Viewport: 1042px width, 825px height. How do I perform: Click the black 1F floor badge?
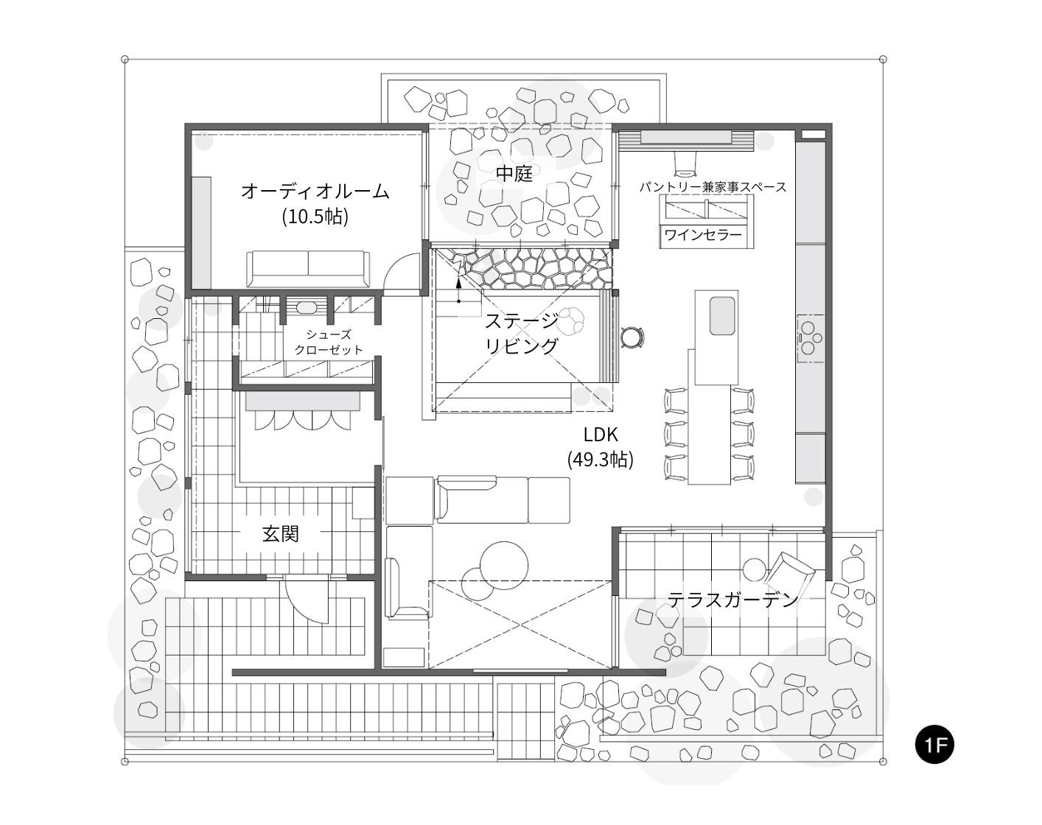tap(934, 744)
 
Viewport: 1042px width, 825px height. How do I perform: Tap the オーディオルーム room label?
tap(315, 192)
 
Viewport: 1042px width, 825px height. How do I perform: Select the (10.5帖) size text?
tap(315, 217)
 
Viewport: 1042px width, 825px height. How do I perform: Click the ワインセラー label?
tap(702, 235)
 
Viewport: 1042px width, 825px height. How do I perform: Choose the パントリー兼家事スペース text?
tap(712, 187)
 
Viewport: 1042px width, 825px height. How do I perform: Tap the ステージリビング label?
tap(521, 333)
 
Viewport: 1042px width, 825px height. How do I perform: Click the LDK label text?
tap(600, 435)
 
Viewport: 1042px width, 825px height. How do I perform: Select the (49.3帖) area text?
tap(600, 460)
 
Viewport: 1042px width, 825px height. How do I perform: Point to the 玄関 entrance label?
tap(281, 533)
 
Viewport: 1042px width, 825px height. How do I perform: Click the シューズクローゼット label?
tap(329, 342)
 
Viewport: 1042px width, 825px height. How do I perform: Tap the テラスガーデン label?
tap(732, 600)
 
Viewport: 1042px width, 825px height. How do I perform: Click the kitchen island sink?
tap(721, 316)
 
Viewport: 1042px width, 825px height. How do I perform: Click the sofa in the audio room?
tap(307, 269)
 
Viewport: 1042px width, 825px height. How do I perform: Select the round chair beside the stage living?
tap(633, 337)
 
